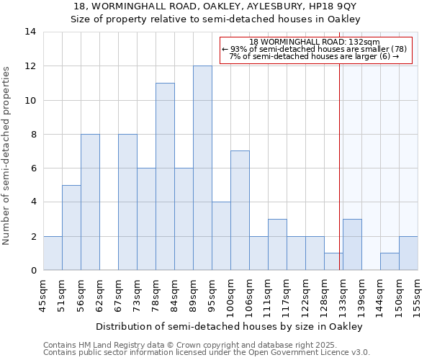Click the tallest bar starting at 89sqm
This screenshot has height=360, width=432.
point(202,168)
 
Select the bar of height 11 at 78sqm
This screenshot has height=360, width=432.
point(165,176)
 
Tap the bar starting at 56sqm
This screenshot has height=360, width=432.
point(90,202)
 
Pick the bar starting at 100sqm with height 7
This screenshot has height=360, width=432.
point(240,210)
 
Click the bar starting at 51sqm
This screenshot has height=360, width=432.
point(71,228)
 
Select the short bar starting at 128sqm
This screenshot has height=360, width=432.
point(333,261)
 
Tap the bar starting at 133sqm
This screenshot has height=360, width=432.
point(352,245)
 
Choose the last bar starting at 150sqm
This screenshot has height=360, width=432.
point(408,253)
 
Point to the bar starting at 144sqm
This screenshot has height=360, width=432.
point(390,261)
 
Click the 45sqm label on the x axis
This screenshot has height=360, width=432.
point(43,294)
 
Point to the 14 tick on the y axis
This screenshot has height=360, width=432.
point(30,32)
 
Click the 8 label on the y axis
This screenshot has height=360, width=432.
point(33,135)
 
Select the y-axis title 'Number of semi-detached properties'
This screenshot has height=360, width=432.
point(7,156)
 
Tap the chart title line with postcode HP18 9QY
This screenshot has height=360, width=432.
point(215,6)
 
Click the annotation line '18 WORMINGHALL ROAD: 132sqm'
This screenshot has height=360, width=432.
point(315,42)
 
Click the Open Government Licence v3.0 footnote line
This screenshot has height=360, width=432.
point(207,353)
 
